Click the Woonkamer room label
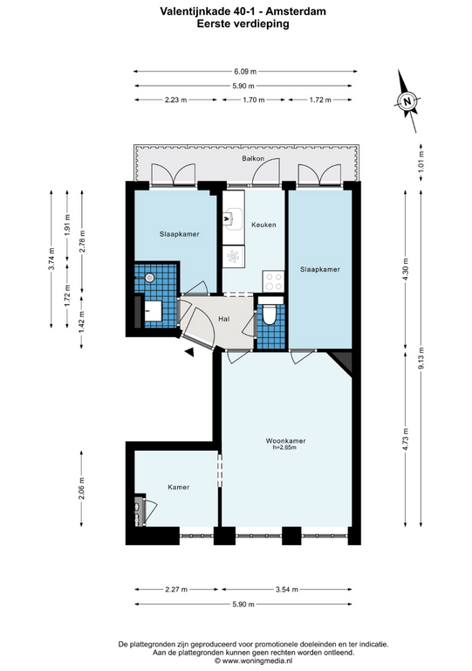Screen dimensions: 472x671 click(x=285, y=440)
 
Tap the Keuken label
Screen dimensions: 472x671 click(x=263, y=225)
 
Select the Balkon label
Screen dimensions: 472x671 click(x=253, y=158)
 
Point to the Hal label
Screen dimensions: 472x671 click(x=224, y=319)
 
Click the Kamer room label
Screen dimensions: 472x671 click(x=179, y=487)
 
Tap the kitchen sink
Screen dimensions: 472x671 click(x=234, y=218)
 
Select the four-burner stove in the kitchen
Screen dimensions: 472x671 click(x=273, y=281)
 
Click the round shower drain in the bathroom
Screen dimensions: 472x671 click(x=149, y=278)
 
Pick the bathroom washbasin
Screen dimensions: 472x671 click(x=153, y=311)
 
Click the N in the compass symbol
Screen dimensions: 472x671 click(x=407, y=102)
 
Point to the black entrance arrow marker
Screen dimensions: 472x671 click(x=189, y=352)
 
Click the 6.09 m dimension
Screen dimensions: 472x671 click(x=245, y=72)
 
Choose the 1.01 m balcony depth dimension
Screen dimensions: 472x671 click(x=421, y=162)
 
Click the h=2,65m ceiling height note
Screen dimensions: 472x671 click(x=285, y=447)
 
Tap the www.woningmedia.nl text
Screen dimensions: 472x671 click(x=257, y=661)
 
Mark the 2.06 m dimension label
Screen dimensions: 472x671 click(x=82, y=488)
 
